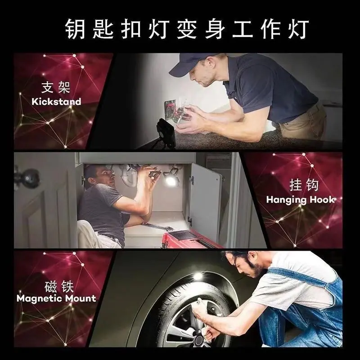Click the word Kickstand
coord(57,102)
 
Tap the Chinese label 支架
coord(56,87)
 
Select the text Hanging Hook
coord(300,200)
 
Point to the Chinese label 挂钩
coord(304,185)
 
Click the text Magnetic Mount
coord(57,298)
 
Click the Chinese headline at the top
coord(187,29)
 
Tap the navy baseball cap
coord(193,64)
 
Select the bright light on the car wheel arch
coord(197,275)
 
